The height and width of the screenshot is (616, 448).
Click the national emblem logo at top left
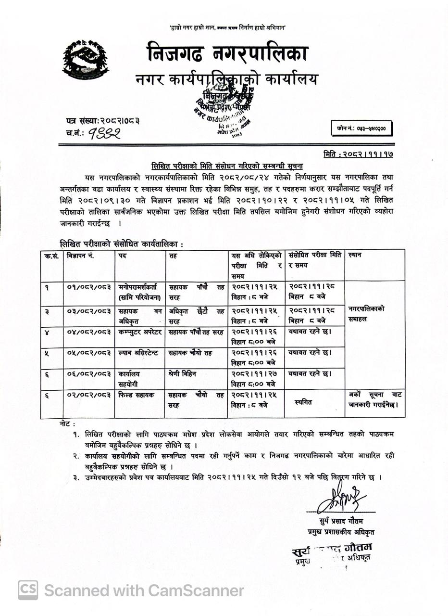tap(85, 60)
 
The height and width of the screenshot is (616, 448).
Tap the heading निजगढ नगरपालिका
tap(227, 53)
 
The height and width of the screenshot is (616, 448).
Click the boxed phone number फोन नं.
tap(361, 128)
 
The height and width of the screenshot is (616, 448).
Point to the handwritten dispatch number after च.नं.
tap(103, 133)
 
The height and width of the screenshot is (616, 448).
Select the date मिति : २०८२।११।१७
tap(359, 154)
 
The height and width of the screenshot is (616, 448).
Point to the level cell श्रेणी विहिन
tap(182, 373)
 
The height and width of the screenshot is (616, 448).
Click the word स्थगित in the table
tap(304, 402)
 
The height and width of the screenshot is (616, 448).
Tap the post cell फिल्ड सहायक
tap(137, 395)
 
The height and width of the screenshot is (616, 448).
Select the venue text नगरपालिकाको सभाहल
tap(366, 314)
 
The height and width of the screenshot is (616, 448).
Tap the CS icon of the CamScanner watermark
tap(28, 590)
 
